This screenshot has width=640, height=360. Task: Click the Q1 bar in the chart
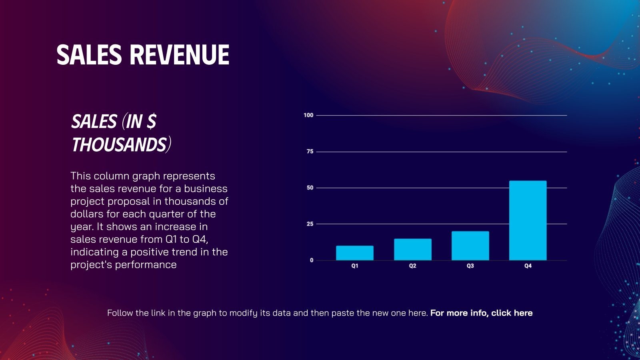tap(354, 253)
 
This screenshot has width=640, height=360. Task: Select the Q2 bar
tap(412, 250)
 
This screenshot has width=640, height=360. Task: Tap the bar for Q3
tap(470, 246)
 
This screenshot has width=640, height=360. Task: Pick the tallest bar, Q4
tap(528, 220)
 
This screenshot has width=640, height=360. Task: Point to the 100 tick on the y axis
tap(308, 115)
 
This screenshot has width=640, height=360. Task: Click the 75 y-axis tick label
tap(310, 152)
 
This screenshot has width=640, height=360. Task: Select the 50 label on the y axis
tap(310, 188)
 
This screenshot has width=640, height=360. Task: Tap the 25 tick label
tap(310, 224)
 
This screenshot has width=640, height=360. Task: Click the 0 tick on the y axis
tap(312, 260)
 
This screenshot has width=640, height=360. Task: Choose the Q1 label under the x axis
tap(355, 266)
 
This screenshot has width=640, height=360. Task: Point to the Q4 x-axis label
tap(528, 266)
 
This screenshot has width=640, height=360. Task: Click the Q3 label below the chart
tap(470, 266)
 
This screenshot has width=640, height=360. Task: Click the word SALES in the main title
tap(89, 55)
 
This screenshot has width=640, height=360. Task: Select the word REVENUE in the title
tap(180, 55)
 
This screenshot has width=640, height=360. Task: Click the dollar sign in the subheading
tap(151, 122)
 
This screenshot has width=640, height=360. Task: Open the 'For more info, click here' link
tap(481, 313)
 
